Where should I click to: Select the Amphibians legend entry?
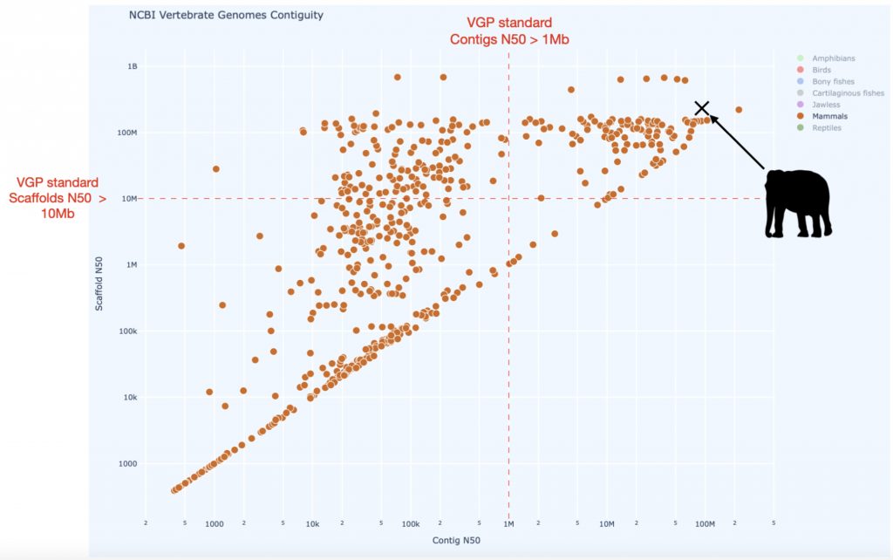833,58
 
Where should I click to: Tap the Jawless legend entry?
826,105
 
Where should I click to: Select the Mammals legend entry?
829,116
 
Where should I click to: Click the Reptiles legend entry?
828,127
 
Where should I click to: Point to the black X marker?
702,107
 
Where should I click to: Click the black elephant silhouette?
797,203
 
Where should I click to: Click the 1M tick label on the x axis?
508,524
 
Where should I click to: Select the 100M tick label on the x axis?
705,524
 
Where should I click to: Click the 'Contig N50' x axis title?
457,542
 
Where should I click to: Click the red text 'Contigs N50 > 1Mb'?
509,39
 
